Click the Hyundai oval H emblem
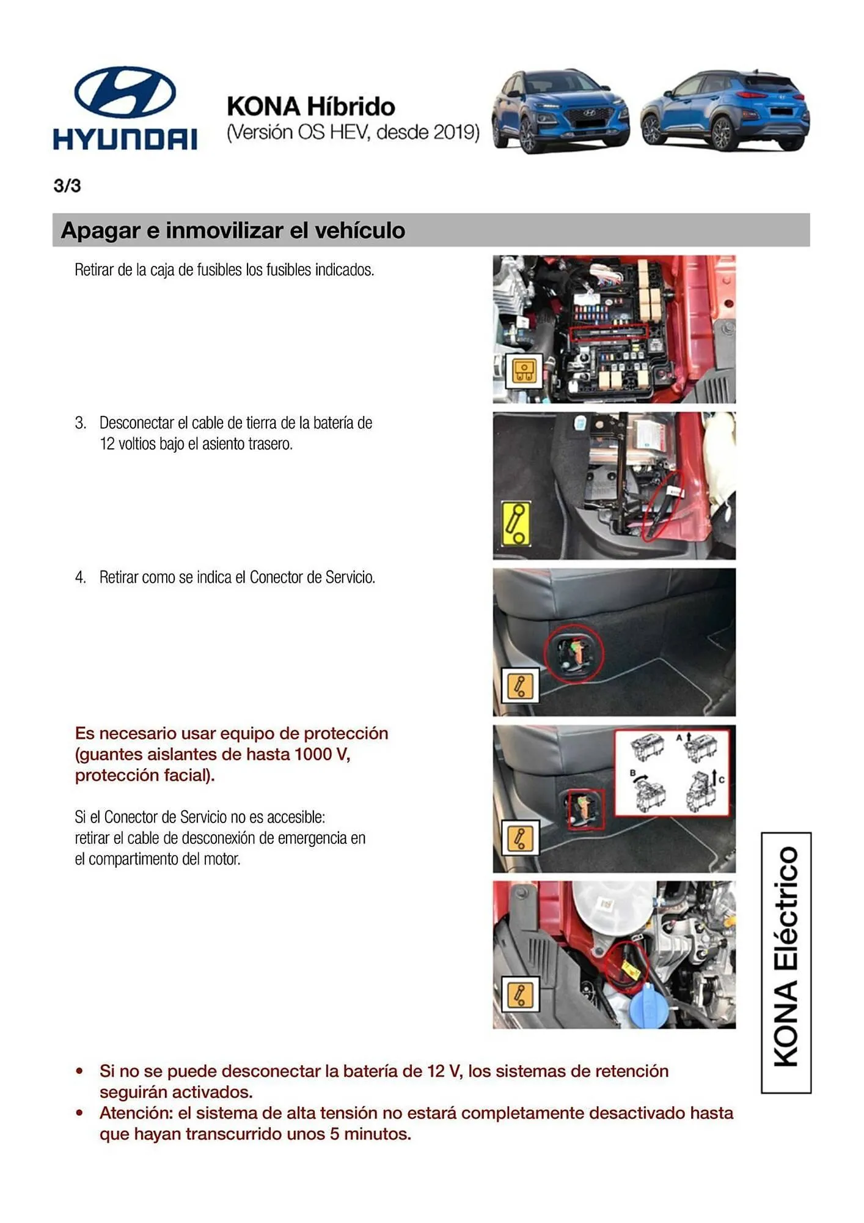click(x=125, y=92)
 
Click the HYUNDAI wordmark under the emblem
click(x=125, y=139)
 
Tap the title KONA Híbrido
click(x=310, y=106)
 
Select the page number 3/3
click(x=67, y=186)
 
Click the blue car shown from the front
click(x=560, y=111)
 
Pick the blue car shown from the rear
click(x=725, y=111)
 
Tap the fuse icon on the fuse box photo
click(x=524, y=371)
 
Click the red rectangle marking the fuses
click(x=608, y=332)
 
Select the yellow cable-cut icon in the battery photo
click(x=516, y=524)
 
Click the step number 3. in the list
click(x=81, y=423)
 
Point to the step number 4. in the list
click(x=81, y=578)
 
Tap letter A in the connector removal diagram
click(x=678, y=738)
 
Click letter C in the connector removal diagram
click(x=722, y=780)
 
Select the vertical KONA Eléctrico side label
click(x=786, y=963)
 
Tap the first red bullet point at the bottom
click(x=79, y=1071)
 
